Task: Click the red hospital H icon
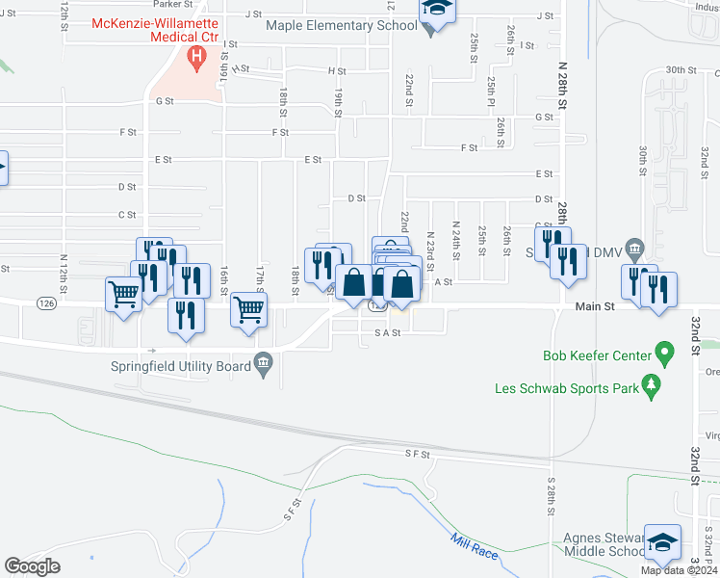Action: [198, 59]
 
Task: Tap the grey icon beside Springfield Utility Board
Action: [263, 364]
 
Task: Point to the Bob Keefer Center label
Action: [598, 355]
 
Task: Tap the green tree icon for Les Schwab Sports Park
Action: [652, 387]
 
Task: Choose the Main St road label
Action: [595, 306]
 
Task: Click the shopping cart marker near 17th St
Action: [249, 312]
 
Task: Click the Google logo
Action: [32, 566]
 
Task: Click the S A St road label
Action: [387, 332]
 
